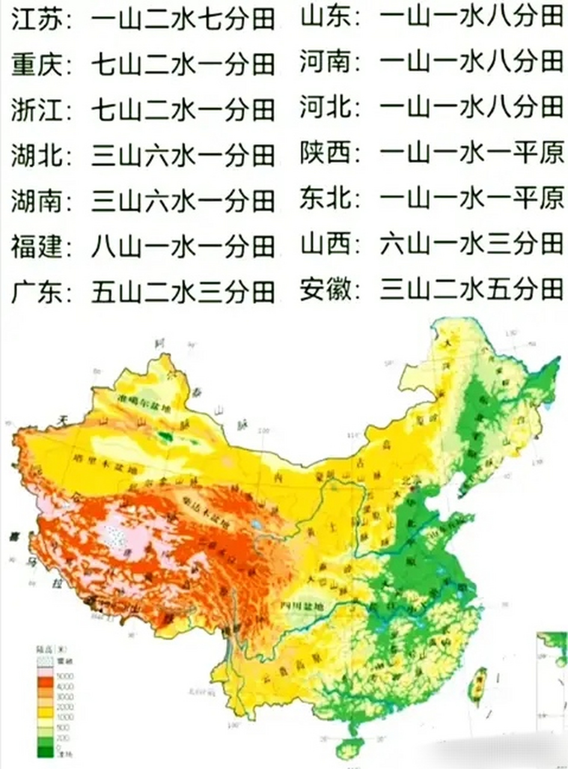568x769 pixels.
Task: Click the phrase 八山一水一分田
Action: tap(183, 246)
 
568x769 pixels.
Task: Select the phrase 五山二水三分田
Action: tap(183, 292)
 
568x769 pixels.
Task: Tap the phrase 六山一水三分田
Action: tap(472, 245)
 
